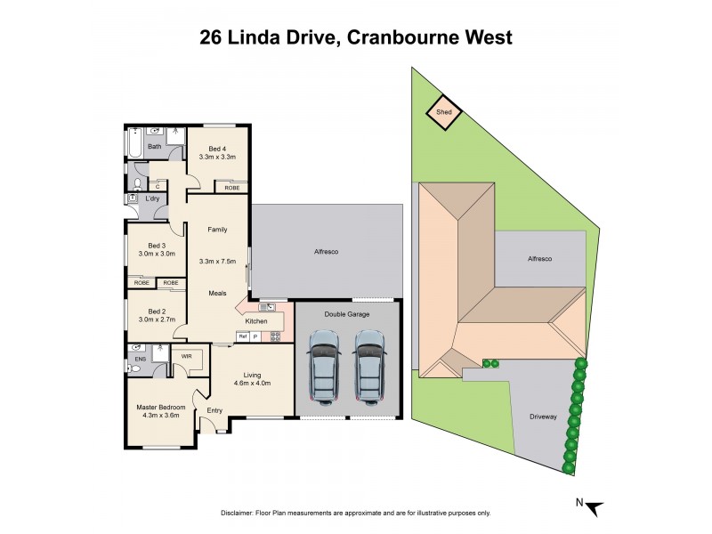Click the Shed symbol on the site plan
click(443, 112)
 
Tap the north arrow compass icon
click(591, 506)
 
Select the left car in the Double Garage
click(323, 365)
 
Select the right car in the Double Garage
click(368, 365)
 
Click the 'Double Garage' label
click(347, 314)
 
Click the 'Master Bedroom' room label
click(161, 408)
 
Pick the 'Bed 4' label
click(218, 149)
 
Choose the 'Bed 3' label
click(157, 246)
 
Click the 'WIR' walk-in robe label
click(187, 356)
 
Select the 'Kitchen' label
click(256, 320)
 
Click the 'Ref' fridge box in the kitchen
click(241, 336)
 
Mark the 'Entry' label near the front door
click(214, 410)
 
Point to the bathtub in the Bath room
click(133, 145)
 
